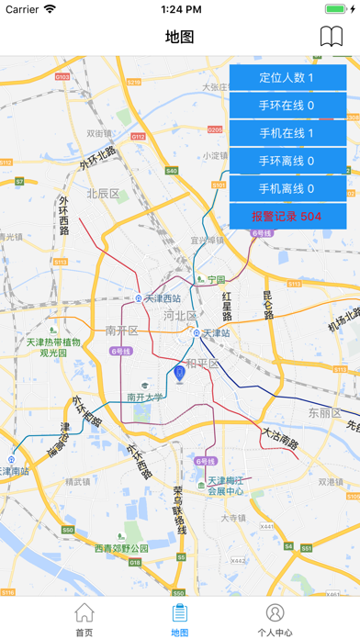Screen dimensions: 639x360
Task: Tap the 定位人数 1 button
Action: click(287, 78)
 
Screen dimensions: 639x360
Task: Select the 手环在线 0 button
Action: click(287, 106)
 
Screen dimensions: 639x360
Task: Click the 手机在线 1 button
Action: click(287, 133)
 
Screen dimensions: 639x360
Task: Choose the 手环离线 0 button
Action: click(287, 161)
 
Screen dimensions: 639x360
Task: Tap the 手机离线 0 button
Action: click(287, 188)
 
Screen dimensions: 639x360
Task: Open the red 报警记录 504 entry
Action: click(287, 216)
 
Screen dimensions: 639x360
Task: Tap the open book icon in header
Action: click(331, 37)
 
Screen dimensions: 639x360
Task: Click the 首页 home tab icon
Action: click(84, 612)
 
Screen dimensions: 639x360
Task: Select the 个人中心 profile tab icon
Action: click(275, 612)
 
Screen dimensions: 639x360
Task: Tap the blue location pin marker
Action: click(179, 375)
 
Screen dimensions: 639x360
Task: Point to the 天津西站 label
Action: click(163, 298)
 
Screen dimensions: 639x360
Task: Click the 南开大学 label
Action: click(145, 397)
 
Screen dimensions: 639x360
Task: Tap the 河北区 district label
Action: click(180, 315)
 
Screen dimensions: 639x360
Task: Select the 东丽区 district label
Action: click(324, 413)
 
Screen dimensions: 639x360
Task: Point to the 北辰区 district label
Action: click(103, 194)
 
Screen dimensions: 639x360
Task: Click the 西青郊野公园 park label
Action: click(120, 548)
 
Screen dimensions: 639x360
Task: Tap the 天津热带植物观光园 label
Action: click(53, 347)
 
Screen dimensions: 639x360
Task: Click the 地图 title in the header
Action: click(180, 37)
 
